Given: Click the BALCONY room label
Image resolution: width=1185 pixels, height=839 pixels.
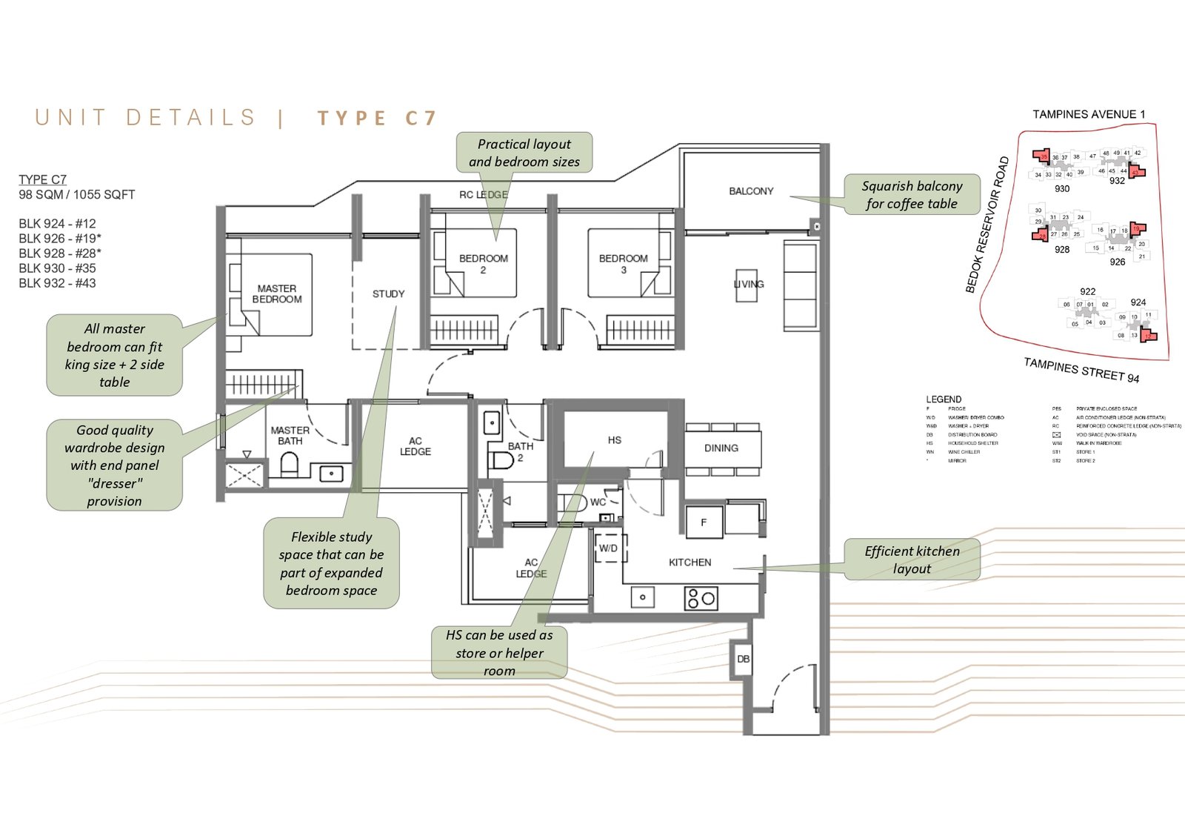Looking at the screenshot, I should [750, 191].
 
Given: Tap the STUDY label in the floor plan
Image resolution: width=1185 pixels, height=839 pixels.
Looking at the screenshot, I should [388, 294].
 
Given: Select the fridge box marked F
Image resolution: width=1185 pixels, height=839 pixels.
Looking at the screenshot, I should [703, 523].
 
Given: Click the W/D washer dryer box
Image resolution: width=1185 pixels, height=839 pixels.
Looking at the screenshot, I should [608, 548].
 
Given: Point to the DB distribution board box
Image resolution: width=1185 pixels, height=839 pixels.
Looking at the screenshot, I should [743, 659].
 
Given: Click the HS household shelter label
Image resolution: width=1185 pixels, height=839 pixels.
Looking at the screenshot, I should [614, 440].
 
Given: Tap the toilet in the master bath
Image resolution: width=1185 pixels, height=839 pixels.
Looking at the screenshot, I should [289, 465].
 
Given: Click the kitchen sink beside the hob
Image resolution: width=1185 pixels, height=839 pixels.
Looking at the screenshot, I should [642, 597].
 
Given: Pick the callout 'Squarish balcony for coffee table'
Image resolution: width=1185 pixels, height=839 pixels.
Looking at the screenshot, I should [912, 195].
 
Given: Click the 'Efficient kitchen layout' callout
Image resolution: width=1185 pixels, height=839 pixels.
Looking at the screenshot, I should [912, 560].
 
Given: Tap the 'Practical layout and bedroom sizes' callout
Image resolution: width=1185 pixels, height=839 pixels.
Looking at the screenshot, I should [524, 153].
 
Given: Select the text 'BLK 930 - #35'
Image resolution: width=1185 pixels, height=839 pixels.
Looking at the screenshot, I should [57, 268].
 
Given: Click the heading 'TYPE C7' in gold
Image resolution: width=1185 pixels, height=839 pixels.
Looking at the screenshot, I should [377, 119].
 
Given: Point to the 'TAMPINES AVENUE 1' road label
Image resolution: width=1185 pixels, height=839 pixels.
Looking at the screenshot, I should [1089, 114].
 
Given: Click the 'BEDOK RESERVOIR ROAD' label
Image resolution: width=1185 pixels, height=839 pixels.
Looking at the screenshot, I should [987, 225].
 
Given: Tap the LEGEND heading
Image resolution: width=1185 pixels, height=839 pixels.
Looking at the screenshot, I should [944, 399].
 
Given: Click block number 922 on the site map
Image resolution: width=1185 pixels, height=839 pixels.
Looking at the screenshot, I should [1087, 291].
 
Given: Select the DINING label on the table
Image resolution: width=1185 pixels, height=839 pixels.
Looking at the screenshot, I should [721, 448].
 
